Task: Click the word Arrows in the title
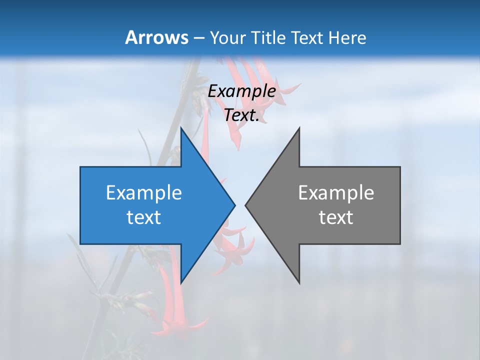[x=156, y=37]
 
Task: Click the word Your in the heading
[x=227, y=37]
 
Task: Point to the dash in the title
[x=198, y=38]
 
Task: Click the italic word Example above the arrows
[x=241, y=91]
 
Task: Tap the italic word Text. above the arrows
[x=241, y=115]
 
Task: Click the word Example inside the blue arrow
[x=144, y=193]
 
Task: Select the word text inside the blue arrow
[x=144, y=217]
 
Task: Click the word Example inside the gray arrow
[x=336, y=193]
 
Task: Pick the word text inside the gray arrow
[x=336, y=217]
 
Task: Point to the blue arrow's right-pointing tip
[x=234, y=205]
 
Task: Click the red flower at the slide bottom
[x=177, y=320]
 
